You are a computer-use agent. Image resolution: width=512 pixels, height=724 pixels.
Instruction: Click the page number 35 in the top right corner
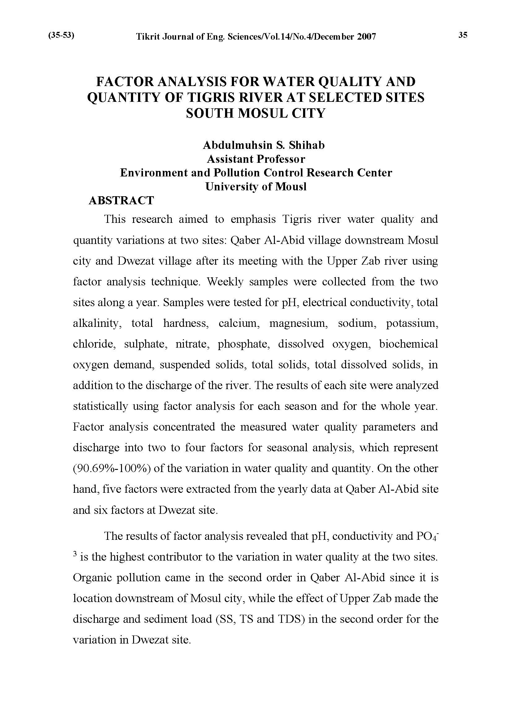coord(463,35)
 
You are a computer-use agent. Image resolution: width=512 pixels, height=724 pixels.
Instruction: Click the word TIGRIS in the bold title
coord(211,98)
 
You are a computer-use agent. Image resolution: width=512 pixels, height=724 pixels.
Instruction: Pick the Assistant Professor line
coord(256,159)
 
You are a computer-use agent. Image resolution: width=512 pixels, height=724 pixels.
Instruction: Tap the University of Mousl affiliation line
coord(256,187)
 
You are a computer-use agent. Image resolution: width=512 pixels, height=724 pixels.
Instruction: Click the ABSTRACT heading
coord(121,201)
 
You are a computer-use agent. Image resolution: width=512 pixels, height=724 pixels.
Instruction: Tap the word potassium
coord(412,323)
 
